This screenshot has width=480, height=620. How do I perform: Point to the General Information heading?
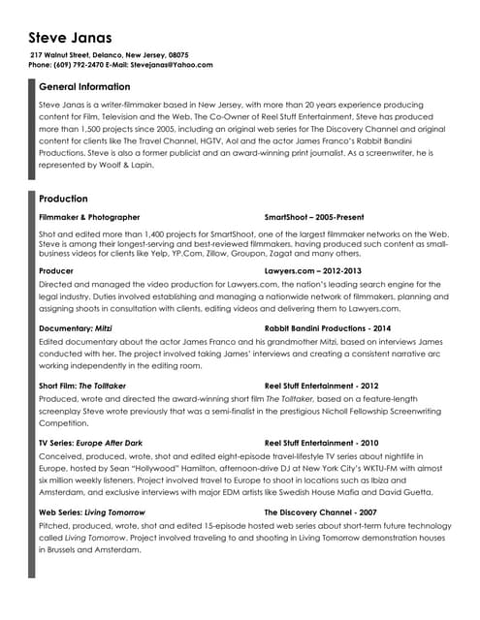84,87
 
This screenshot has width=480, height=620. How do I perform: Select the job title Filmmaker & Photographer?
89,217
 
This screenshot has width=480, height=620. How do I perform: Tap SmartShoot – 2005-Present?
313,217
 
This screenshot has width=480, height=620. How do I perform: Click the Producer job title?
56,271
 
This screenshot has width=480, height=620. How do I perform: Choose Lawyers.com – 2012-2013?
312,271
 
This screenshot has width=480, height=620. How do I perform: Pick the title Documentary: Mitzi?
76,328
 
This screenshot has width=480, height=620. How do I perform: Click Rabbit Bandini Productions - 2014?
329,328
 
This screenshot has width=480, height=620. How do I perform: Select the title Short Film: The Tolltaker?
82,386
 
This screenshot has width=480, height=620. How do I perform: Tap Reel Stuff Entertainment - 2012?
326,386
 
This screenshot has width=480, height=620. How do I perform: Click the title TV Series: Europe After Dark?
90,443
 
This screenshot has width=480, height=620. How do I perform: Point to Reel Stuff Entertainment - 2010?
326,443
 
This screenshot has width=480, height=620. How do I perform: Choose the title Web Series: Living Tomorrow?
91,511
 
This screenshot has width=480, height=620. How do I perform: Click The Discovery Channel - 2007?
320,511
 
